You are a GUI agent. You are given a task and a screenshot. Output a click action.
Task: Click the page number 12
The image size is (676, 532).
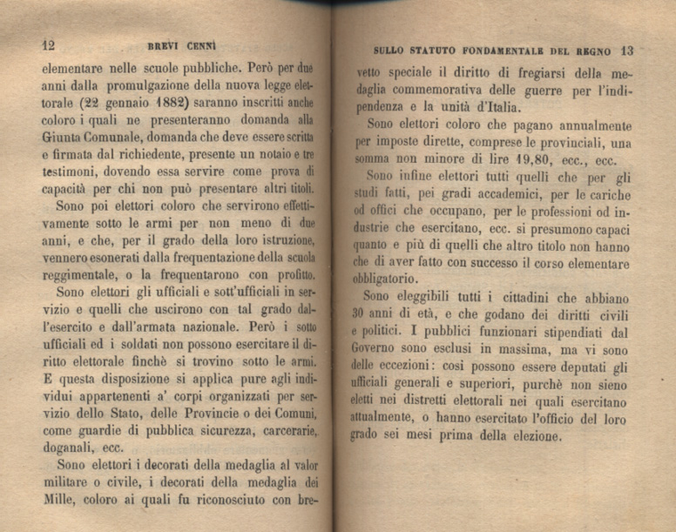point(48,44)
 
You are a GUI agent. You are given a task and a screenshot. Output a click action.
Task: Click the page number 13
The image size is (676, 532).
point(626,50)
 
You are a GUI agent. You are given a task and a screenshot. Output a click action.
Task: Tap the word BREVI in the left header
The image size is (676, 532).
point(154,44)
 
